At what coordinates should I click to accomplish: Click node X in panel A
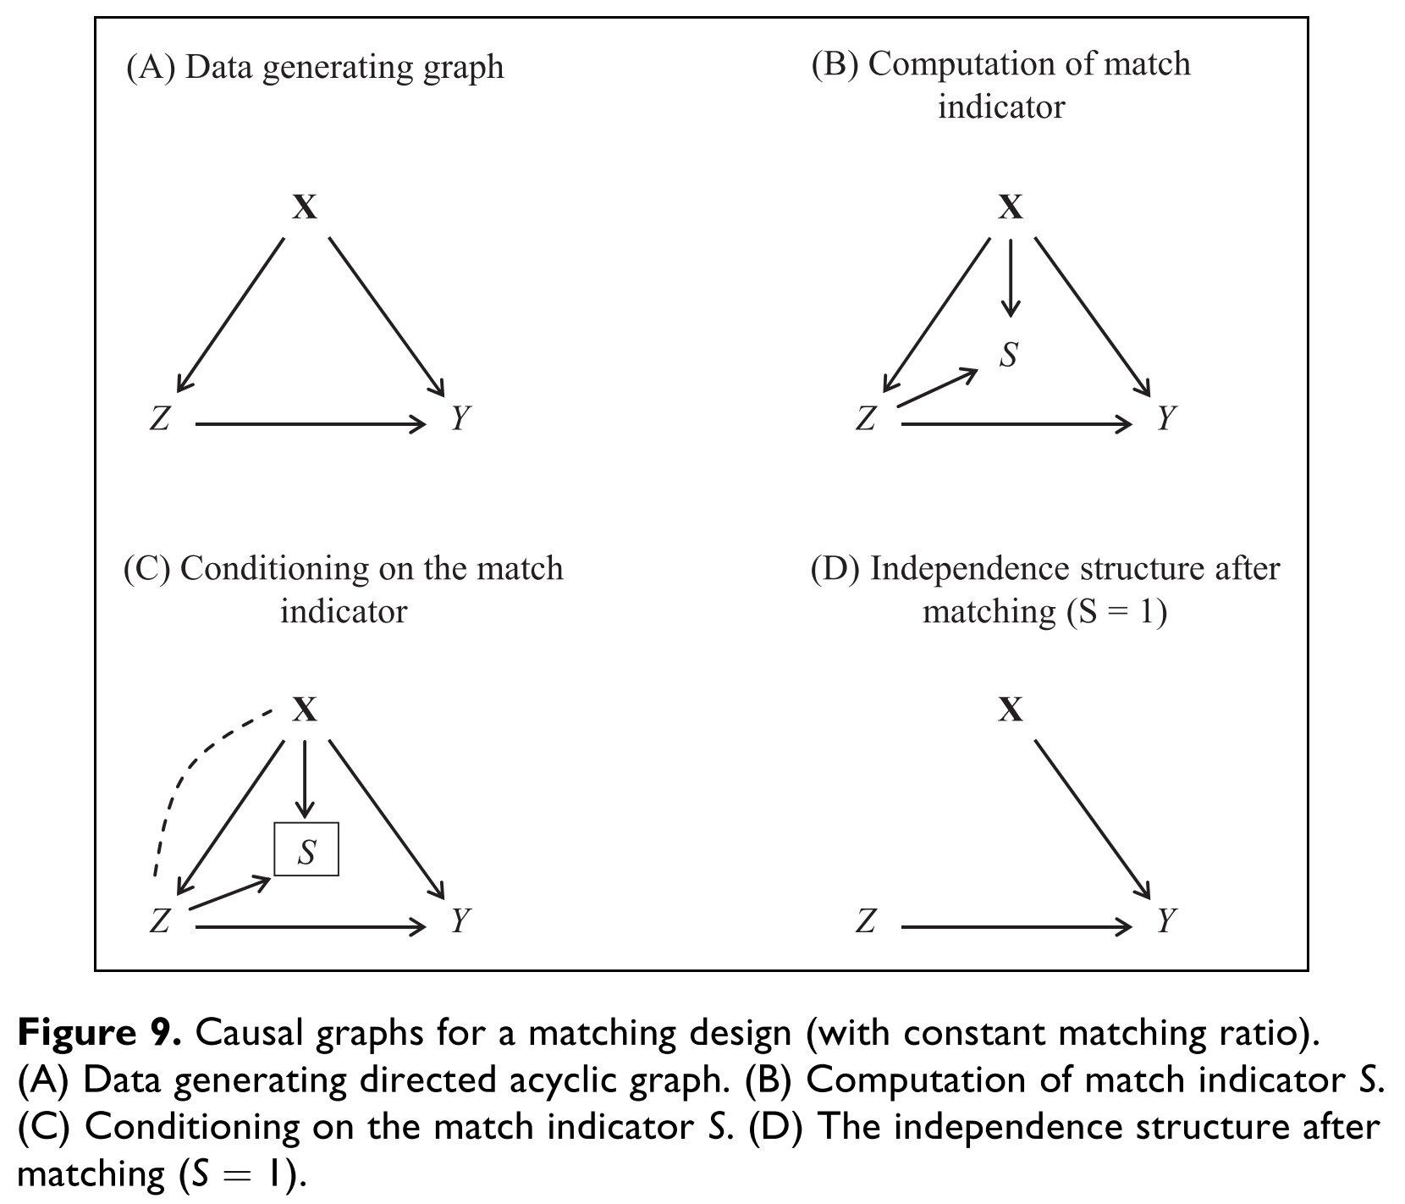click(305, 207)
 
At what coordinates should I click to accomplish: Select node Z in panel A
click(160, 419)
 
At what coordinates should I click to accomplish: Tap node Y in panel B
click(1166, 418)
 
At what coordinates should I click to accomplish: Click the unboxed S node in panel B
click(1008, 354)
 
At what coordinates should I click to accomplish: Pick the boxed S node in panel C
click(306, 849)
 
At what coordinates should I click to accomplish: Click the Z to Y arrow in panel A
click(311, 423)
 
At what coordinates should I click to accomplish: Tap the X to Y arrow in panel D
click(1092, 818)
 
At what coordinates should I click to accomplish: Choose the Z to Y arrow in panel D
click(1016, 927)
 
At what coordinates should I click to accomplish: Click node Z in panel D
click(866, 921)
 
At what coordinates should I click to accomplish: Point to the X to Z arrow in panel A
click(231, 314)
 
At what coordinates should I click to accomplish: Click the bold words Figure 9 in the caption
click(99, 1034)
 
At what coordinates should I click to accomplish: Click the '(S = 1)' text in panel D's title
click(1116, 611)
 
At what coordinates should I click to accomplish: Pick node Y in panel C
click(460, 921)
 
